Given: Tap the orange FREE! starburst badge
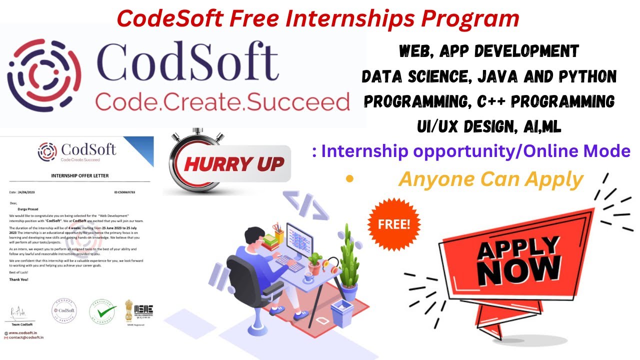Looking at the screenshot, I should [394, 223].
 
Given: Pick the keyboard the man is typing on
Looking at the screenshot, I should [289, 263].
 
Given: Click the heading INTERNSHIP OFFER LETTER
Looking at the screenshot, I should [80, 175].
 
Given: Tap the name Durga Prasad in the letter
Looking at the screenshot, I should [28, 210].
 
